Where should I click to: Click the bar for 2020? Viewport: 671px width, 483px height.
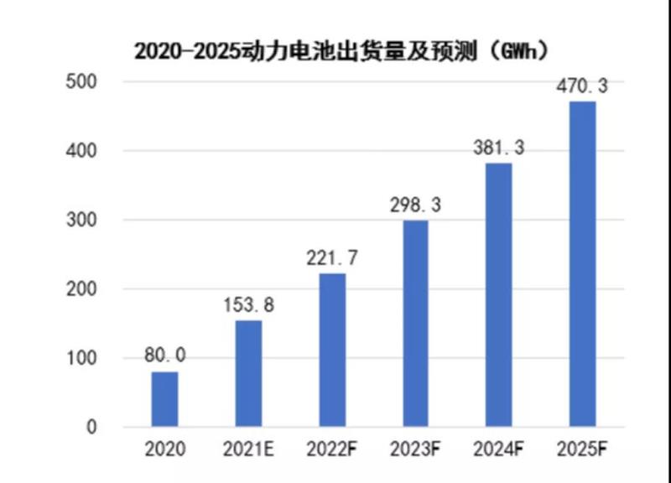pyautogui.click(x=164, y=399)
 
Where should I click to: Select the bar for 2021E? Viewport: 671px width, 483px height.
pyautogui.click(x=248, y=374)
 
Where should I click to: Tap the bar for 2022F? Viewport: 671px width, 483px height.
pyautogui.click(x=332, y=351)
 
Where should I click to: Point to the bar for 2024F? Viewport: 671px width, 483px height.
pyautogui.click(x=499, y=295)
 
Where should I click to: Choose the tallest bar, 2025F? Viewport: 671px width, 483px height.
pyautogui.click(x=582, y=264)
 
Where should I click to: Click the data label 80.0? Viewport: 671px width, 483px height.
pyautogui.click(x=164, y=356)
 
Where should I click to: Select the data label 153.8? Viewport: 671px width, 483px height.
pyautogui.click(x=248, y=305)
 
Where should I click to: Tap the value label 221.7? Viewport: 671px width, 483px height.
pyautogui.click(x=332, y=258)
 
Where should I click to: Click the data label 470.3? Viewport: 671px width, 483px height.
pyautogui.click(x=582, y=86)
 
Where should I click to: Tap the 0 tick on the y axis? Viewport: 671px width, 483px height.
pyautogui.click(x=91, y=428)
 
